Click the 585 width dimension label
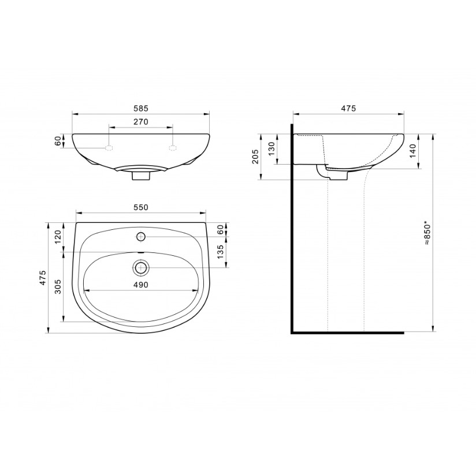click(141, 108)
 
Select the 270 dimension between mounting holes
click(141, 122)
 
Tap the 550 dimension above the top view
click(141, 207)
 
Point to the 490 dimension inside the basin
click(141, 285)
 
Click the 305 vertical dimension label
click(58, 286)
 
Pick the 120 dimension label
click(58, 237)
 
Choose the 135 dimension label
click(220, 252)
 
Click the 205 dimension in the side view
click(255, 157)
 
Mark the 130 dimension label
click(272, 149)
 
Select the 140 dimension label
click(412, 151)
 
